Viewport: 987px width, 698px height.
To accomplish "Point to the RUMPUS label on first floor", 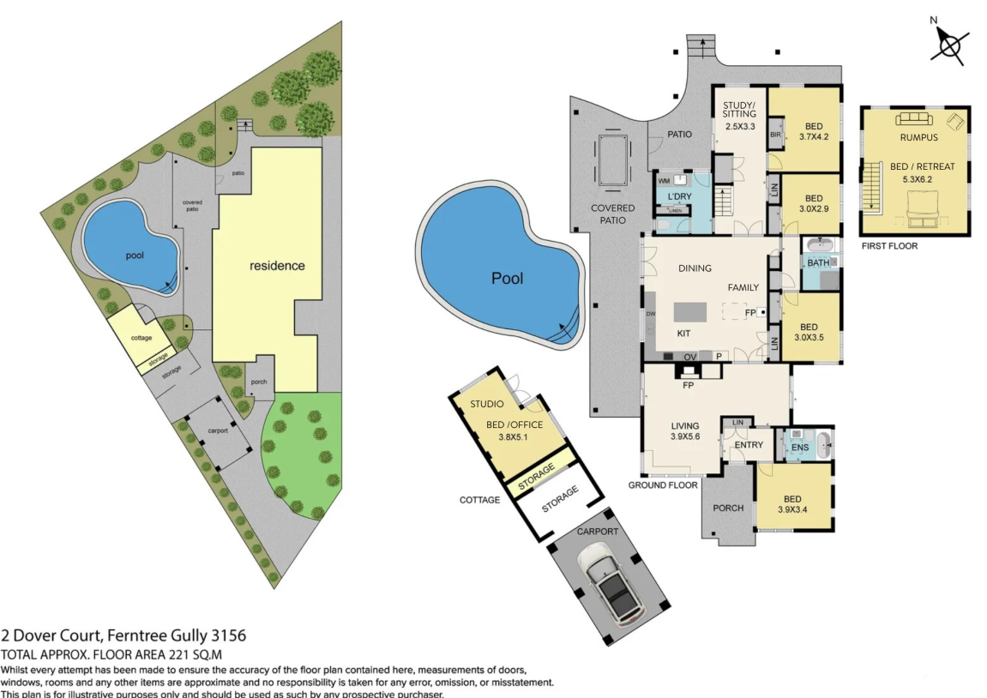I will (x=918, y=137).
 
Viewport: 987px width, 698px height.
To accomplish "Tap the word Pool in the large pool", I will (x=507, y=278).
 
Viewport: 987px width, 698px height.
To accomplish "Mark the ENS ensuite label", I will (x=799, y=448).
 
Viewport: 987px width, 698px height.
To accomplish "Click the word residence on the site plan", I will (x=277, y=266).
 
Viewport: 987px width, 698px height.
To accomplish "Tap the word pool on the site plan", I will (x=135, y=255).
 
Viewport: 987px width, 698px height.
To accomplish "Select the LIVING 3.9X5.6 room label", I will (x=685, y=430).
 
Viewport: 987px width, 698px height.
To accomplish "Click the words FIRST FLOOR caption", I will (x=889, y=246).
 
